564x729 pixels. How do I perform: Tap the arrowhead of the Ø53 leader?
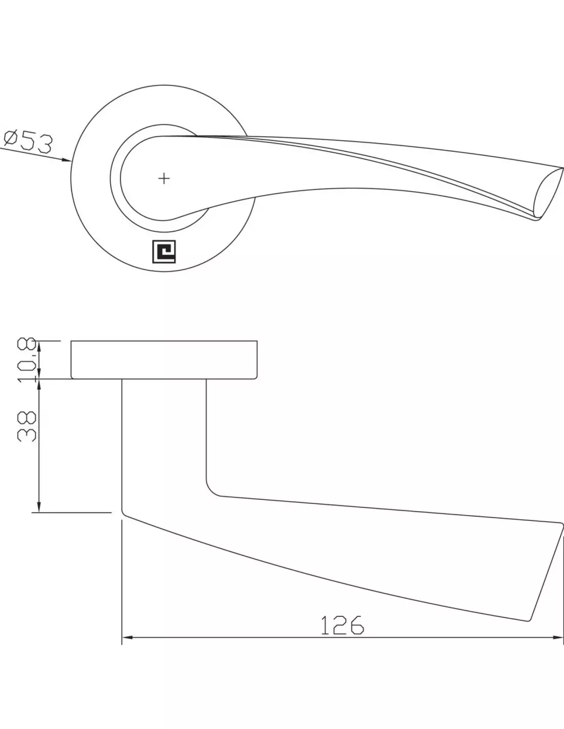[67, 160]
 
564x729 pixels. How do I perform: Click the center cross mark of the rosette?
[164, 178]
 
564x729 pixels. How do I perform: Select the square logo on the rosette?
[164, 252]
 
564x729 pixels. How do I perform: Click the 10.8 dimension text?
[27, 360]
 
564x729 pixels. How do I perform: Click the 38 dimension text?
[27, 427]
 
